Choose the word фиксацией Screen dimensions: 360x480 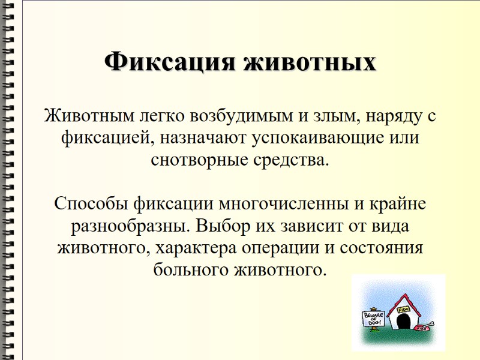(103, 138)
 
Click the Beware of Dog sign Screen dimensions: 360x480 (372, 319)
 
